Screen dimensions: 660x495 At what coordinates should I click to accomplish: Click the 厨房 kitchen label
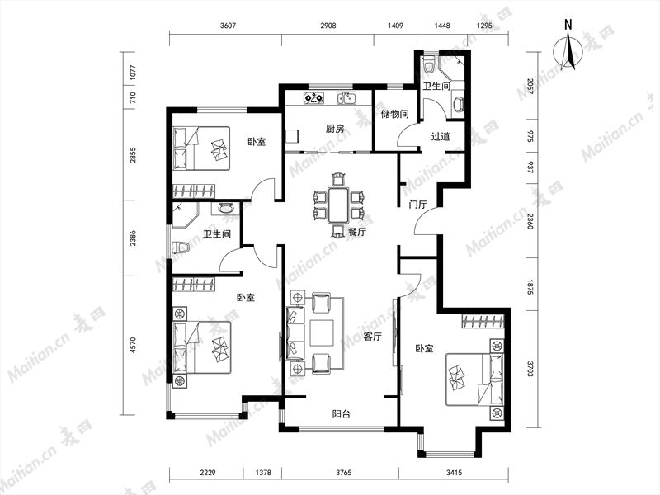[335, 129]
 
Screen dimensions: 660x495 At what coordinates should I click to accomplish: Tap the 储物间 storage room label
[394, 114]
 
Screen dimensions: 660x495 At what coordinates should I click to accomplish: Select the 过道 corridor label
[441, 136]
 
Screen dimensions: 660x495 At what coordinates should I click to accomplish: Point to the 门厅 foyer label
[418, 205]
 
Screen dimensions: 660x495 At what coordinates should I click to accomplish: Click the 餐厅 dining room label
[357, 232]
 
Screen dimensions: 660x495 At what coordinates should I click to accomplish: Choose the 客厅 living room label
[372, 337]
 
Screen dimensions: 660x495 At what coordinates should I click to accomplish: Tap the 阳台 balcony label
[341, 414]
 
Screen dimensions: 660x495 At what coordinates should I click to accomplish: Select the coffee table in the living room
[322, 333]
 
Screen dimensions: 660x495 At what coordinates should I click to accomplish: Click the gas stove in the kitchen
[314, 98]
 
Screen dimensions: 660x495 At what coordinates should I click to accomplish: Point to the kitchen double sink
[346, 98]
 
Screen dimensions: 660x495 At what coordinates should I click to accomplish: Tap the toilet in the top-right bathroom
[429, 64]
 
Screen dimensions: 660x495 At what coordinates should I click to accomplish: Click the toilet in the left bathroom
[180, 247]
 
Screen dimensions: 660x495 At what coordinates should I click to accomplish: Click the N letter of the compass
[568, 25]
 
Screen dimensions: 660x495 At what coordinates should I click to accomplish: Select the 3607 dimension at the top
[228, 26]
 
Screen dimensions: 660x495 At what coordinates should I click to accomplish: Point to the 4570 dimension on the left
[133, 345]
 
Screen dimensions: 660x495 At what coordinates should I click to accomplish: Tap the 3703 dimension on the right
[530, 368]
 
